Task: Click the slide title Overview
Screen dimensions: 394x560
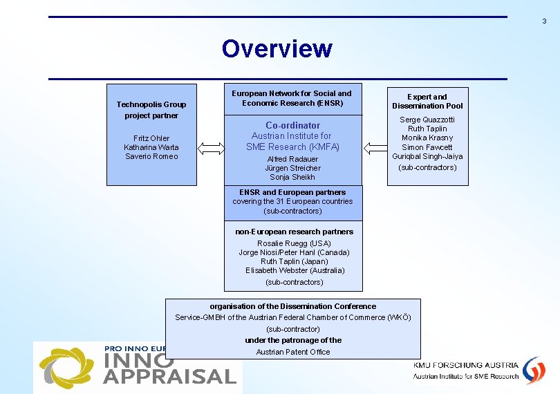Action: (277, 49)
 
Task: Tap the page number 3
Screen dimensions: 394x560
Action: (544, 21)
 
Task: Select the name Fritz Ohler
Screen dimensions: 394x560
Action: (151, 138)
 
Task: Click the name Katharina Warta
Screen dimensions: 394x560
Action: (151, 147)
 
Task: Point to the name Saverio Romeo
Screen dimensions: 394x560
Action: (151, 156)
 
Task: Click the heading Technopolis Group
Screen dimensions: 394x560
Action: (151, 104)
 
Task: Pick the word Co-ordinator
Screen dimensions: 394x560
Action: (292, 125)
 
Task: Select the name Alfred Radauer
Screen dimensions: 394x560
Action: (292, 159)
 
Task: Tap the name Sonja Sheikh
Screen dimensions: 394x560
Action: (292, 177)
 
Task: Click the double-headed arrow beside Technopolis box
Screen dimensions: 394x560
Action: (212, 148)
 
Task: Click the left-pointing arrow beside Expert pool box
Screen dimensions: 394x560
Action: (376, 148)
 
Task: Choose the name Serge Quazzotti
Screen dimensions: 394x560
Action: (427, 120)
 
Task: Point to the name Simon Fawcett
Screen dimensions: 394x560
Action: (427, 147)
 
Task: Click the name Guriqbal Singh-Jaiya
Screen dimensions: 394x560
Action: (427, 156)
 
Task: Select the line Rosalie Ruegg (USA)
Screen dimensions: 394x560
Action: (294, 243)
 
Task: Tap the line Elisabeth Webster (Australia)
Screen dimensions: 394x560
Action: (294, 270)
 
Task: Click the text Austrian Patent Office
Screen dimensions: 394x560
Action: (293, 352)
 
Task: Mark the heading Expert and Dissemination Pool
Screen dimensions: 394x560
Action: (427, 102)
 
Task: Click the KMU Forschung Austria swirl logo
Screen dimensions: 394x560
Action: (533, 369)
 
